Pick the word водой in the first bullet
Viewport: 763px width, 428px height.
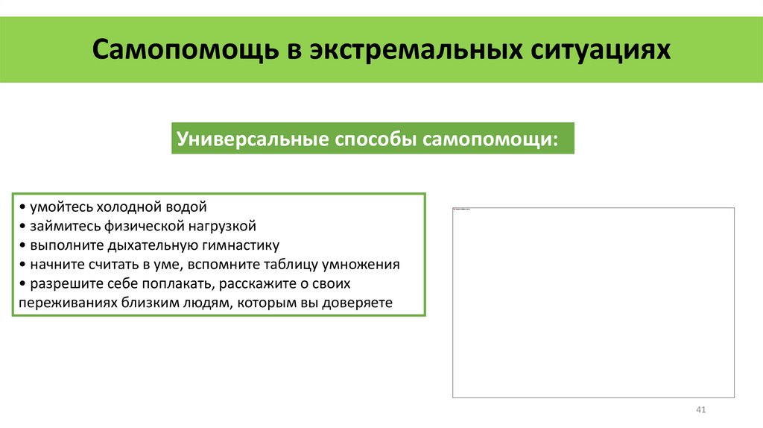tap(186, 207)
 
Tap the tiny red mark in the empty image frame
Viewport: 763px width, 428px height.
tap(456, 210)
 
